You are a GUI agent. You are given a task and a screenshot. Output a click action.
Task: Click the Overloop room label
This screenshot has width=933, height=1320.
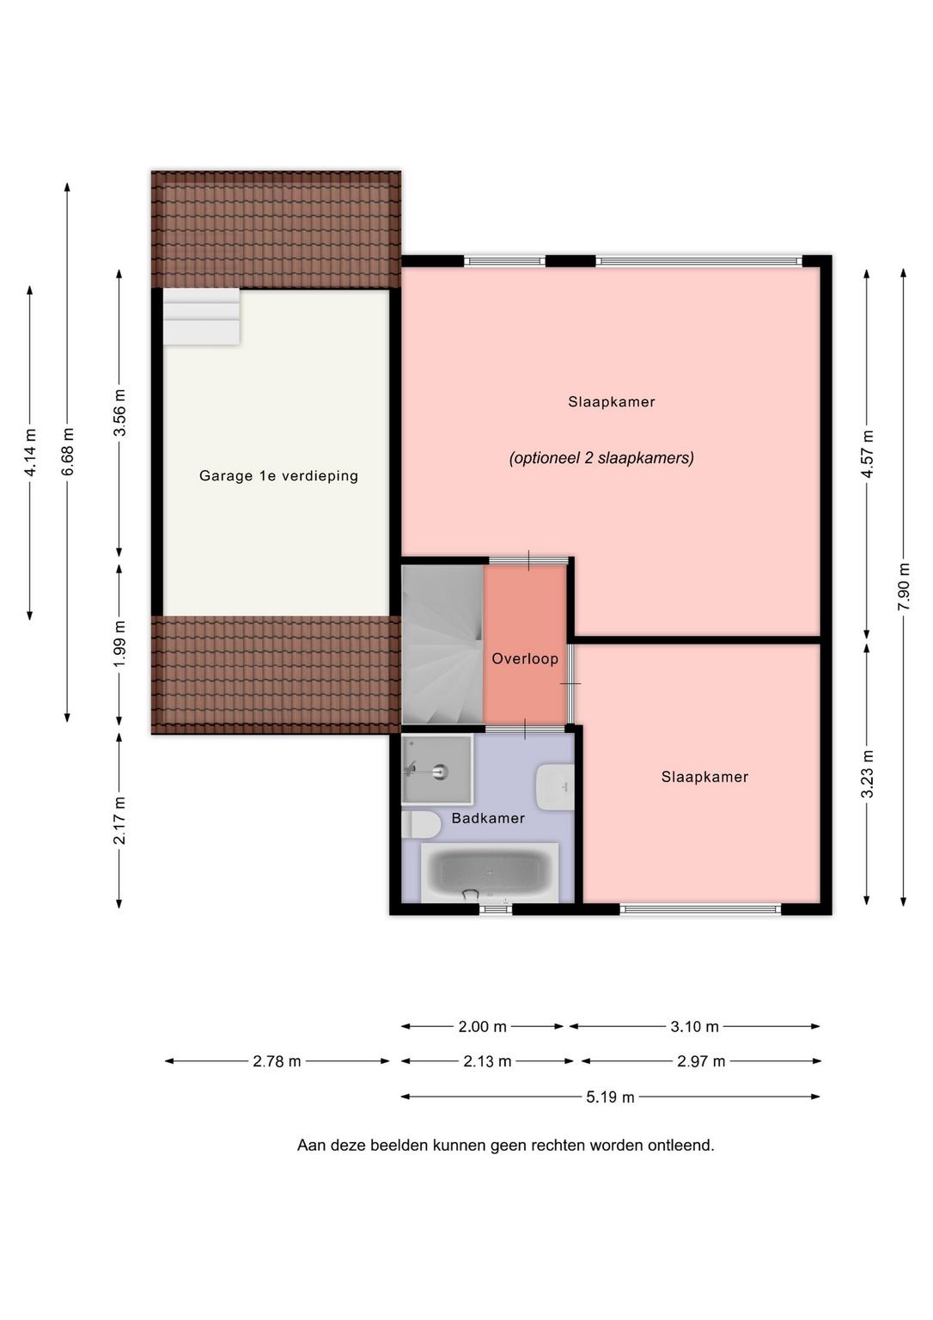pyautogui.click(x=525, y=659)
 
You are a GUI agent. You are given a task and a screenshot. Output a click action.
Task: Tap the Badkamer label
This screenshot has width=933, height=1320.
pyautogui.click(x=488, y=818)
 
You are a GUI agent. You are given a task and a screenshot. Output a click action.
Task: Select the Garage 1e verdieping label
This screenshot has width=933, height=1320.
pyautogui.click(x=278, y=475)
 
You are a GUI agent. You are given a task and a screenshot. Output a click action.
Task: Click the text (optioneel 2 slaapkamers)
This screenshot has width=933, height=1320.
pyautogui.click(x=601, y=458)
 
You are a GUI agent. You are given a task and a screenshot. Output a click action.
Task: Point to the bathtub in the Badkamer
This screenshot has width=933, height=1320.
pyautogui.click(x=490, y=873)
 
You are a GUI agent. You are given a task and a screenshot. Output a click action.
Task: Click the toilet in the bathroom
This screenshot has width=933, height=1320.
pyautogui.click(x=421, y=824)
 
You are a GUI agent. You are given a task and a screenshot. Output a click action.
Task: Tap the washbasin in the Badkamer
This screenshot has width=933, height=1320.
pyautogui.click(x=555, y=786)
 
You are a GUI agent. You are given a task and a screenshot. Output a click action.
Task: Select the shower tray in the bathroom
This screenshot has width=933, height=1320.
pyautogui.click(x=437, y=770)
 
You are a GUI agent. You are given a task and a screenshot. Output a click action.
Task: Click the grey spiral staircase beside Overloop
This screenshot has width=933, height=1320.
pyautogui.click(x=442, y=644)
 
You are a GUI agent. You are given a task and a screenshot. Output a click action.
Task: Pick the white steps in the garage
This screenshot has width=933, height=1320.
pyautogui.click(x=201, y=316)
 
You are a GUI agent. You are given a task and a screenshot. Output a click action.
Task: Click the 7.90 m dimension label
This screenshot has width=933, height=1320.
pyautogui.click(x=904, y=587)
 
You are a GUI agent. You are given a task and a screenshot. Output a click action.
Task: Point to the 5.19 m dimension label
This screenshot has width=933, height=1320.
pyautogui.click(x=610, y=1097)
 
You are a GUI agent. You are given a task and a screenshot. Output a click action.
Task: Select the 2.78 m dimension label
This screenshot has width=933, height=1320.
pyautogui.click(x=277, y=1061)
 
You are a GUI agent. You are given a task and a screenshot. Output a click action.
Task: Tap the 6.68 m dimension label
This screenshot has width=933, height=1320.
pyautogui.click(x=68, y=451)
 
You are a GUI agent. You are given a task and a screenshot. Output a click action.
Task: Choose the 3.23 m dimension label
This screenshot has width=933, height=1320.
pyautogui.click(x=867, y=773)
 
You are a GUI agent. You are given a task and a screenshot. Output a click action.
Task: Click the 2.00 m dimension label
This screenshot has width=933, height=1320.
pyautogui.click(x=483, y=1027)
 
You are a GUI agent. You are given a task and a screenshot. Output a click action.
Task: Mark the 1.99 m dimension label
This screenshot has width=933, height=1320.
pyautogui.click(x=119, y=645)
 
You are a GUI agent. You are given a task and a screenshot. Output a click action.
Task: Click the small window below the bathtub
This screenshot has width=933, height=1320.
pyautogui.click(x=496, y=909)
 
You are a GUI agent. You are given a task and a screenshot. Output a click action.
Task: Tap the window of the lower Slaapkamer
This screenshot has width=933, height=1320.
pyautogui.click(x=700, y=909)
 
